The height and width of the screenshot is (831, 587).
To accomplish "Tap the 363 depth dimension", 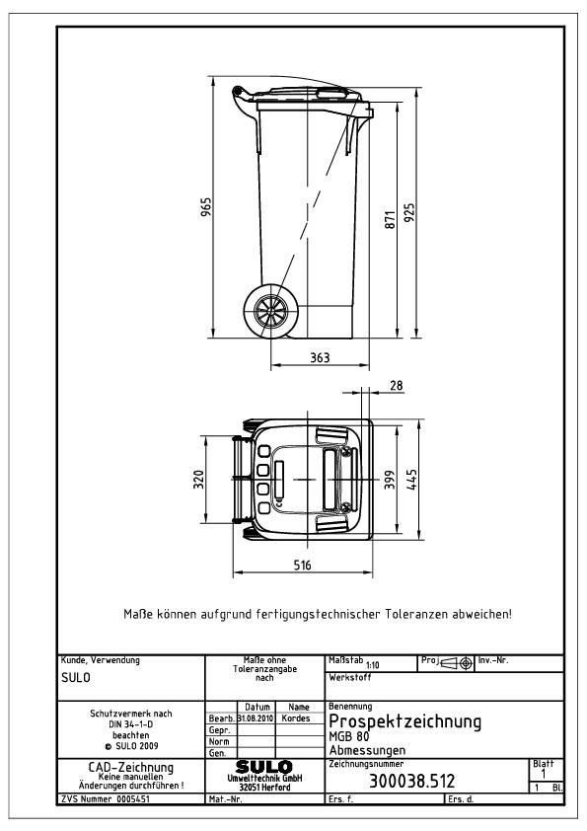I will pyautogui.click(x=320, y=357).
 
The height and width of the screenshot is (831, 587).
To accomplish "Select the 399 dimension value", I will pyautogui.click(x=390, y=480).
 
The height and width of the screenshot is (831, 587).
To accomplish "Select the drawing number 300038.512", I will pyautogui.click(x=409, y=782).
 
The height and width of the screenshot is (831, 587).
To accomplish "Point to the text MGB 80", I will pyautogui.click(x=346, y=736).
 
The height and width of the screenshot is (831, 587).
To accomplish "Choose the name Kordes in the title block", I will pyautogui.click(x=296, y=718).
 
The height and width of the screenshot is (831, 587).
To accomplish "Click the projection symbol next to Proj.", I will pyautogui.click(x=455, y=661).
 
